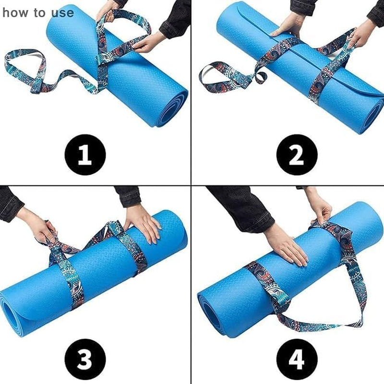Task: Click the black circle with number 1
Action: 85,155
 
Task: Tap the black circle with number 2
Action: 297,155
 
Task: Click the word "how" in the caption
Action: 14,12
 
